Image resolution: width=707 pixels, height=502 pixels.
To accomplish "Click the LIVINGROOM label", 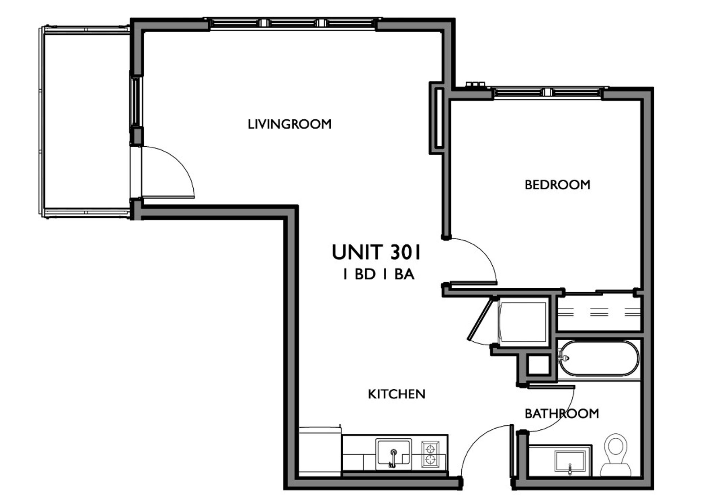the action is (x=289, y=124).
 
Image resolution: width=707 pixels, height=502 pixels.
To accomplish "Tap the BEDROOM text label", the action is (x=557, y=185).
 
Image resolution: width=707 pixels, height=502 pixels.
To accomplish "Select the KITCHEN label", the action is (x=397, y=394).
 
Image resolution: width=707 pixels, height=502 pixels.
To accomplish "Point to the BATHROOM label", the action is (x=562, y=414).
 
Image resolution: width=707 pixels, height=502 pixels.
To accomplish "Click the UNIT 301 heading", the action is (x=376, y=252).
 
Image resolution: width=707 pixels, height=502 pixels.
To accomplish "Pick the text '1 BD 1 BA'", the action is (x=379, y=275).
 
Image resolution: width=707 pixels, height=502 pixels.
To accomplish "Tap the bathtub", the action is (x=598, y=358).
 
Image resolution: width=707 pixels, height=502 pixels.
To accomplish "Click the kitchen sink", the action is (x=393, y=454).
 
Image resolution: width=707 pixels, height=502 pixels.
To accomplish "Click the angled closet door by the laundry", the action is (x=480, y=319).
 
